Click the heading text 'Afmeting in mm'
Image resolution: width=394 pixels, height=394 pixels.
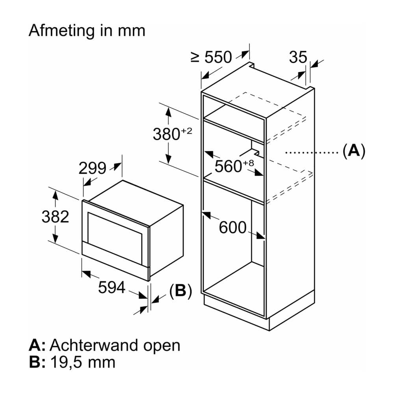click(87, 31)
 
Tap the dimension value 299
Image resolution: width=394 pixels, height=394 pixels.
click(93, 168)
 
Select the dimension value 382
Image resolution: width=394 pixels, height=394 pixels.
click(55, 217)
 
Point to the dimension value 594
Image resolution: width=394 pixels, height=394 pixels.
click(112, 287)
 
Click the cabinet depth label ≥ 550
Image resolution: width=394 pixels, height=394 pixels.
click(211, 57)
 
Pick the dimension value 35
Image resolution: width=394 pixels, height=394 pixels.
click(298, 57)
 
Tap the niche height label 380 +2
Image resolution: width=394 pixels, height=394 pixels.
click(173, 134)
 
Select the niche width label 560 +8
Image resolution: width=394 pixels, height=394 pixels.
click(234, 166)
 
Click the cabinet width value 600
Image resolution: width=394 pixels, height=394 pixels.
click(233, 227)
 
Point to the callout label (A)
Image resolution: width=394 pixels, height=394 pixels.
click(354, 151)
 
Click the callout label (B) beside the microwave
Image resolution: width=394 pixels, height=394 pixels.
click(181, 291)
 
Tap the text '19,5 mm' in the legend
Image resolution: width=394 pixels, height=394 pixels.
click(83, 362)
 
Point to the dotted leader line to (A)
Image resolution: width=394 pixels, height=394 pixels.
click(312, 152)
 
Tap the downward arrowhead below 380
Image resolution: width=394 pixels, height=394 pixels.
click(169, 159)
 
